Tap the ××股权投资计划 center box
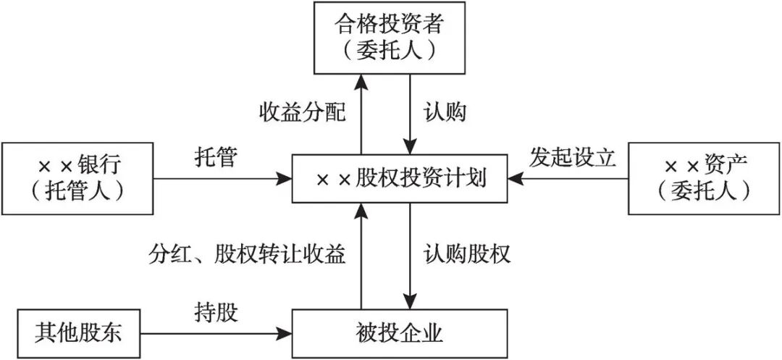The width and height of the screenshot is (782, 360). pyautogui.click(x=400, y=178)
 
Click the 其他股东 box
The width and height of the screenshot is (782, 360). pyautogui.click(x=79, y=334)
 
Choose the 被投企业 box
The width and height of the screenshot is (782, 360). pyautogui.click(x=400, y=334)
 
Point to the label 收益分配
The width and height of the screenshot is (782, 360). pyautogui.click(x=303, y=114)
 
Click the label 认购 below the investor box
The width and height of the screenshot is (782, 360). pyautogui.click(x=444, y=114)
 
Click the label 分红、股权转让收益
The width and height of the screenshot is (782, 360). pyautogui.click(x=248, y=254)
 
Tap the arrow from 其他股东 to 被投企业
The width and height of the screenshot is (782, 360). pyautogui.click(x=214, y=334)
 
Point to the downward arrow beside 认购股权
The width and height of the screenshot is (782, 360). pyautogui.click(x=411, y=255)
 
